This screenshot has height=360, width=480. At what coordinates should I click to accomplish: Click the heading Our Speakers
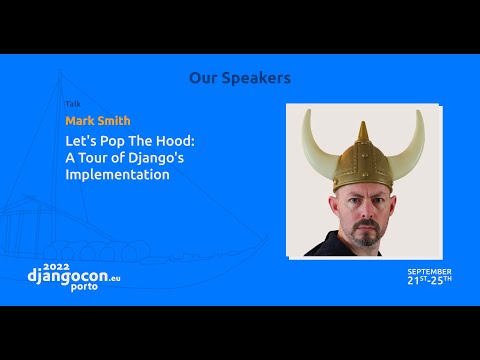click(x=240, y=78)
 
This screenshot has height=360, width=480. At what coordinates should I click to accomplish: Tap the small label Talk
click(x=73, y=104)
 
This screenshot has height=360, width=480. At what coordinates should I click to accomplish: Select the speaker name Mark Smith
click(x=97, y=121)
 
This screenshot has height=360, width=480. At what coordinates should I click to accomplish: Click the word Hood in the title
click(x=177, y=142)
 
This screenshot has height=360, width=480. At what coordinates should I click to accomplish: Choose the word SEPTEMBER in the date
click(x=429, y=271)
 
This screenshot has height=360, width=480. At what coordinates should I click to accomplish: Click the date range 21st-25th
click(x=429, y=280)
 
